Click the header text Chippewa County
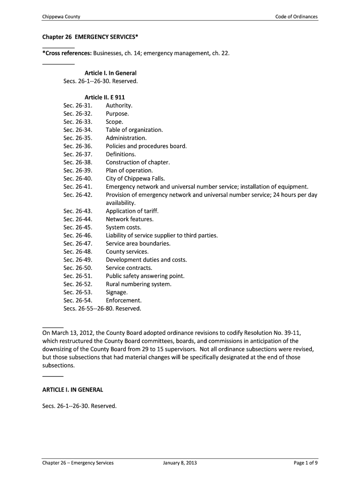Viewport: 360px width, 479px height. pos(61,17)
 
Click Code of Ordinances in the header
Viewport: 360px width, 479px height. pos(296,17)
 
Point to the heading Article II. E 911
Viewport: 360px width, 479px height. pos(104,97)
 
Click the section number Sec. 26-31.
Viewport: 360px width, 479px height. pos(78,106)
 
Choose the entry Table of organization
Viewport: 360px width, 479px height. pos(134,130)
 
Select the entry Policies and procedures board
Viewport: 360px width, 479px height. pos(146,146)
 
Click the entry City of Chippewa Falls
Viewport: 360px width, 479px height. pos(135,179)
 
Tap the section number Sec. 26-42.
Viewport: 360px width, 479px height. pos(78,195)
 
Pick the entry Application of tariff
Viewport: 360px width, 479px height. pos(132,211)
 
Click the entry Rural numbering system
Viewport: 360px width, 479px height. pos(138,284)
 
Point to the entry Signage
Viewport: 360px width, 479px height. pos(116,292)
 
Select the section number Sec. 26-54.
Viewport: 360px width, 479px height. pos(78,300)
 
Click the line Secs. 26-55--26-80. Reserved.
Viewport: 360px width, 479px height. pos(102,309)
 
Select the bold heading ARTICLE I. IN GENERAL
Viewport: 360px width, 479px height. pos(72,390)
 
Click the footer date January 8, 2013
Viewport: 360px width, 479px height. pos(180,463)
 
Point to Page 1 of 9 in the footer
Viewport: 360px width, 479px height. pos(305,463)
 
